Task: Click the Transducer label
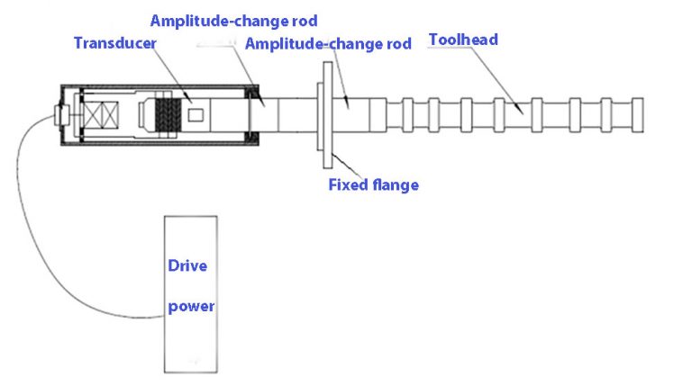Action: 115,43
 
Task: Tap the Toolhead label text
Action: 463,40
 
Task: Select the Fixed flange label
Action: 373,184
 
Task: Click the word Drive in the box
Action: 187,265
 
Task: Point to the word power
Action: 191,306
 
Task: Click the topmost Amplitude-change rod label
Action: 233,22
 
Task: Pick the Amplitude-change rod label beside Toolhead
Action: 328,43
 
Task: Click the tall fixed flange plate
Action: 327,115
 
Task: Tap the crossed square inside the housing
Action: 101,115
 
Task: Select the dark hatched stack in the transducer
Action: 168,115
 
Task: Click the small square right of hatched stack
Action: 196,115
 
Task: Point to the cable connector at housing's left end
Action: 62,115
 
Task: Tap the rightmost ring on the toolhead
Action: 638,115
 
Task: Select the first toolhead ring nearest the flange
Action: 408,115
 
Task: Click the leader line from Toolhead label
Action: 496,80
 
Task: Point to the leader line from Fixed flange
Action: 346,166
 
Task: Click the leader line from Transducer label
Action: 173,75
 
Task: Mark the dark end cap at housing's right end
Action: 253,115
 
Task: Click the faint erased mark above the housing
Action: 215,44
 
